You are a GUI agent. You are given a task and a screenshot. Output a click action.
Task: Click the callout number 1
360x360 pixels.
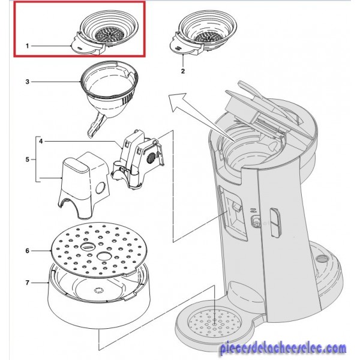pyautogui.click(x=27, y=46)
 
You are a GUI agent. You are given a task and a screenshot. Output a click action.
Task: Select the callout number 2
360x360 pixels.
pyautogui.click(x=183, y=71)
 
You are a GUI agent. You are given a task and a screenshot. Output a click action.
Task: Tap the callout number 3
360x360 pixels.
pyautogui.click(x=28, y=82)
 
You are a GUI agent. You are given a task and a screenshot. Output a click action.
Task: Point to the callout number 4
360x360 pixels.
pyautogui.click(x=41, y=141)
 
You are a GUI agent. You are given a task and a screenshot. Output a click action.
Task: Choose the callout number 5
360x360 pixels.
pyautogui.click(x=28, y=160)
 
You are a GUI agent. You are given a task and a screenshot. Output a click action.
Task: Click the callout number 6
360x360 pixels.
pyautogui.click(x=28, y=251)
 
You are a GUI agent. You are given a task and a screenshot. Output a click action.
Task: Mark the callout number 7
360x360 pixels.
pyautogui.click(x=28, y=283)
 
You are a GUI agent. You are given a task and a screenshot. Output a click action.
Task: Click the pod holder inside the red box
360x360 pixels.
pyautogui.click(x=104, y=32)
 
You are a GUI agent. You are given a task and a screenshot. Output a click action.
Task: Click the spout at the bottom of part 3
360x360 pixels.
pyautogui.click(x=96, y=125)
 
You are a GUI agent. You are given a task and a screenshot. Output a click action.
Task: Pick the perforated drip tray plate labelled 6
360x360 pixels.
pyautogui.click(x=99, y=250)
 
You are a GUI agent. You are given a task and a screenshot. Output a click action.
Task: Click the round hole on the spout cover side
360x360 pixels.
pyautogui.click(x=101, y=188)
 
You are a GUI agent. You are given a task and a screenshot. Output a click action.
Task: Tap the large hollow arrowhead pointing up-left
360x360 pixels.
pyautogui.click(x=179, y=103)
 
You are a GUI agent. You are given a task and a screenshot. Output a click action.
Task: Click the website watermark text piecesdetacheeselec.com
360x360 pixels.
pyautogui.click(x=283, y=348)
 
